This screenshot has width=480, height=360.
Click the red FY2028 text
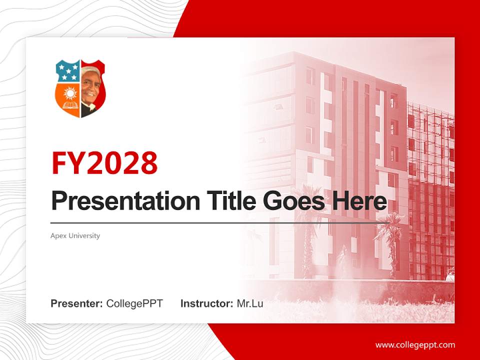tap(104, 163)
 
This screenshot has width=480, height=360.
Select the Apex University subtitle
tap(75, 235)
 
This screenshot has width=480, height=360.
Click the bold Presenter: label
tap(77, 303)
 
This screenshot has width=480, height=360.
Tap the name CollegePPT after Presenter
tap(134, 303)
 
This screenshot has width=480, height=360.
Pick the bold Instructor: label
tap(206, 303)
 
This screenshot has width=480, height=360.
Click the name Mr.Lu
tap(250, 303)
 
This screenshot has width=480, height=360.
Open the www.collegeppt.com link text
tap(415, 344)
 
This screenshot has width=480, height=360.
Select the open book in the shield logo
tap(68, 106)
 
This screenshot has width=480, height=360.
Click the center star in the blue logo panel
tap(68, 71)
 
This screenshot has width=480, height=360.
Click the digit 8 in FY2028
tap(147, 163)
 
